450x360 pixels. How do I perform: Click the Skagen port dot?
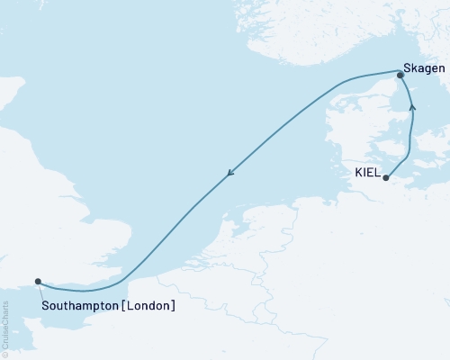point(400,76)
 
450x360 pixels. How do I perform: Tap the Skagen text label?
point(424,68)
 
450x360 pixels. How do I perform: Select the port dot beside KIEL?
point(385,178)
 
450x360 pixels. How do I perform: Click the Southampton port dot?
point(37,281)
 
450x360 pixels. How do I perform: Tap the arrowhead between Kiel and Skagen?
point(413,107)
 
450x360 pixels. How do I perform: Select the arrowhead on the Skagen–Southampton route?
point(231,175)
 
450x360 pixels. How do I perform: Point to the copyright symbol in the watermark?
point(6,355)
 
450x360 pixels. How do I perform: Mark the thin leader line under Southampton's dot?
point(40,290)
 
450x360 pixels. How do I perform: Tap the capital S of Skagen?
point(409,68)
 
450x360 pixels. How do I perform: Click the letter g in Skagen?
point(427,69)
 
